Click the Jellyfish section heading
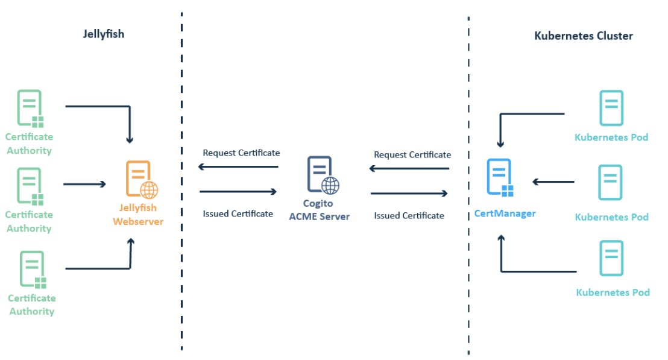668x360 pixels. [104, 34]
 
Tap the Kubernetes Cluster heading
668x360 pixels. [584, 36]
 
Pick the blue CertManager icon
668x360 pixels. [500, 178]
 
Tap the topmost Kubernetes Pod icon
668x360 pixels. [611, 108]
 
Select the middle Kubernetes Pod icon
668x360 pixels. [611, 182]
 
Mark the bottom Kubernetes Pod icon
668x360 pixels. [611, 258]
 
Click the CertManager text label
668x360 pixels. [505, 213]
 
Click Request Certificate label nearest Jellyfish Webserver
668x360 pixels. [241, 153]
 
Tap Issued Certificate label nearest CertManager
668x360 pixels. [409, 215]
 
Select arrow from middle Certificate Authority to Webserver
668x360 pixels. [84, 184]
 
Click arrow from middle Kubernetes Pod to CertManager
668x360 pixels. [554, 181]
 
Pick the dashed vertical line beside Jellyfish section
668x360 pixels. [181, 181]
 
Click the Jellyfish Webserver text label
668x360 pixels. [138, 215]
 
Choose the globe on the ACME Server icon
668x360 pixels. [330, 185]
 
